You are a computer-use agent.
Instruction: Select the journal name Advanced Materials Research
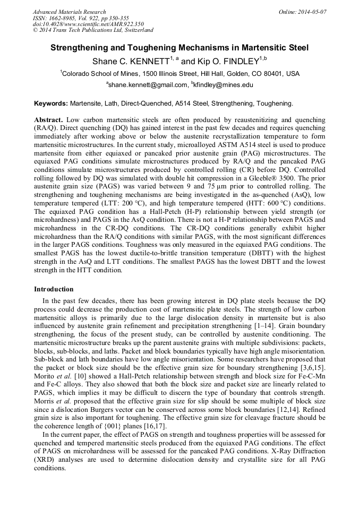click(x=69, y=11)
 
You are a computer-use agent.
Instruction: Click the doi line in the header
click(x=88, y=24)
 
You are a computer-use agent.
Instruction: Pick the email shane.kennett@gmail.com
click(x=148, y=85)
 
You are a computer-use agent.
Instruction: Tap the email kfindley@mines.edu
click(x=224, y=85)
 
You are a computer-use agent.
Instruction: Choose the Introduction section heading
click(x=54, y=289)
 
